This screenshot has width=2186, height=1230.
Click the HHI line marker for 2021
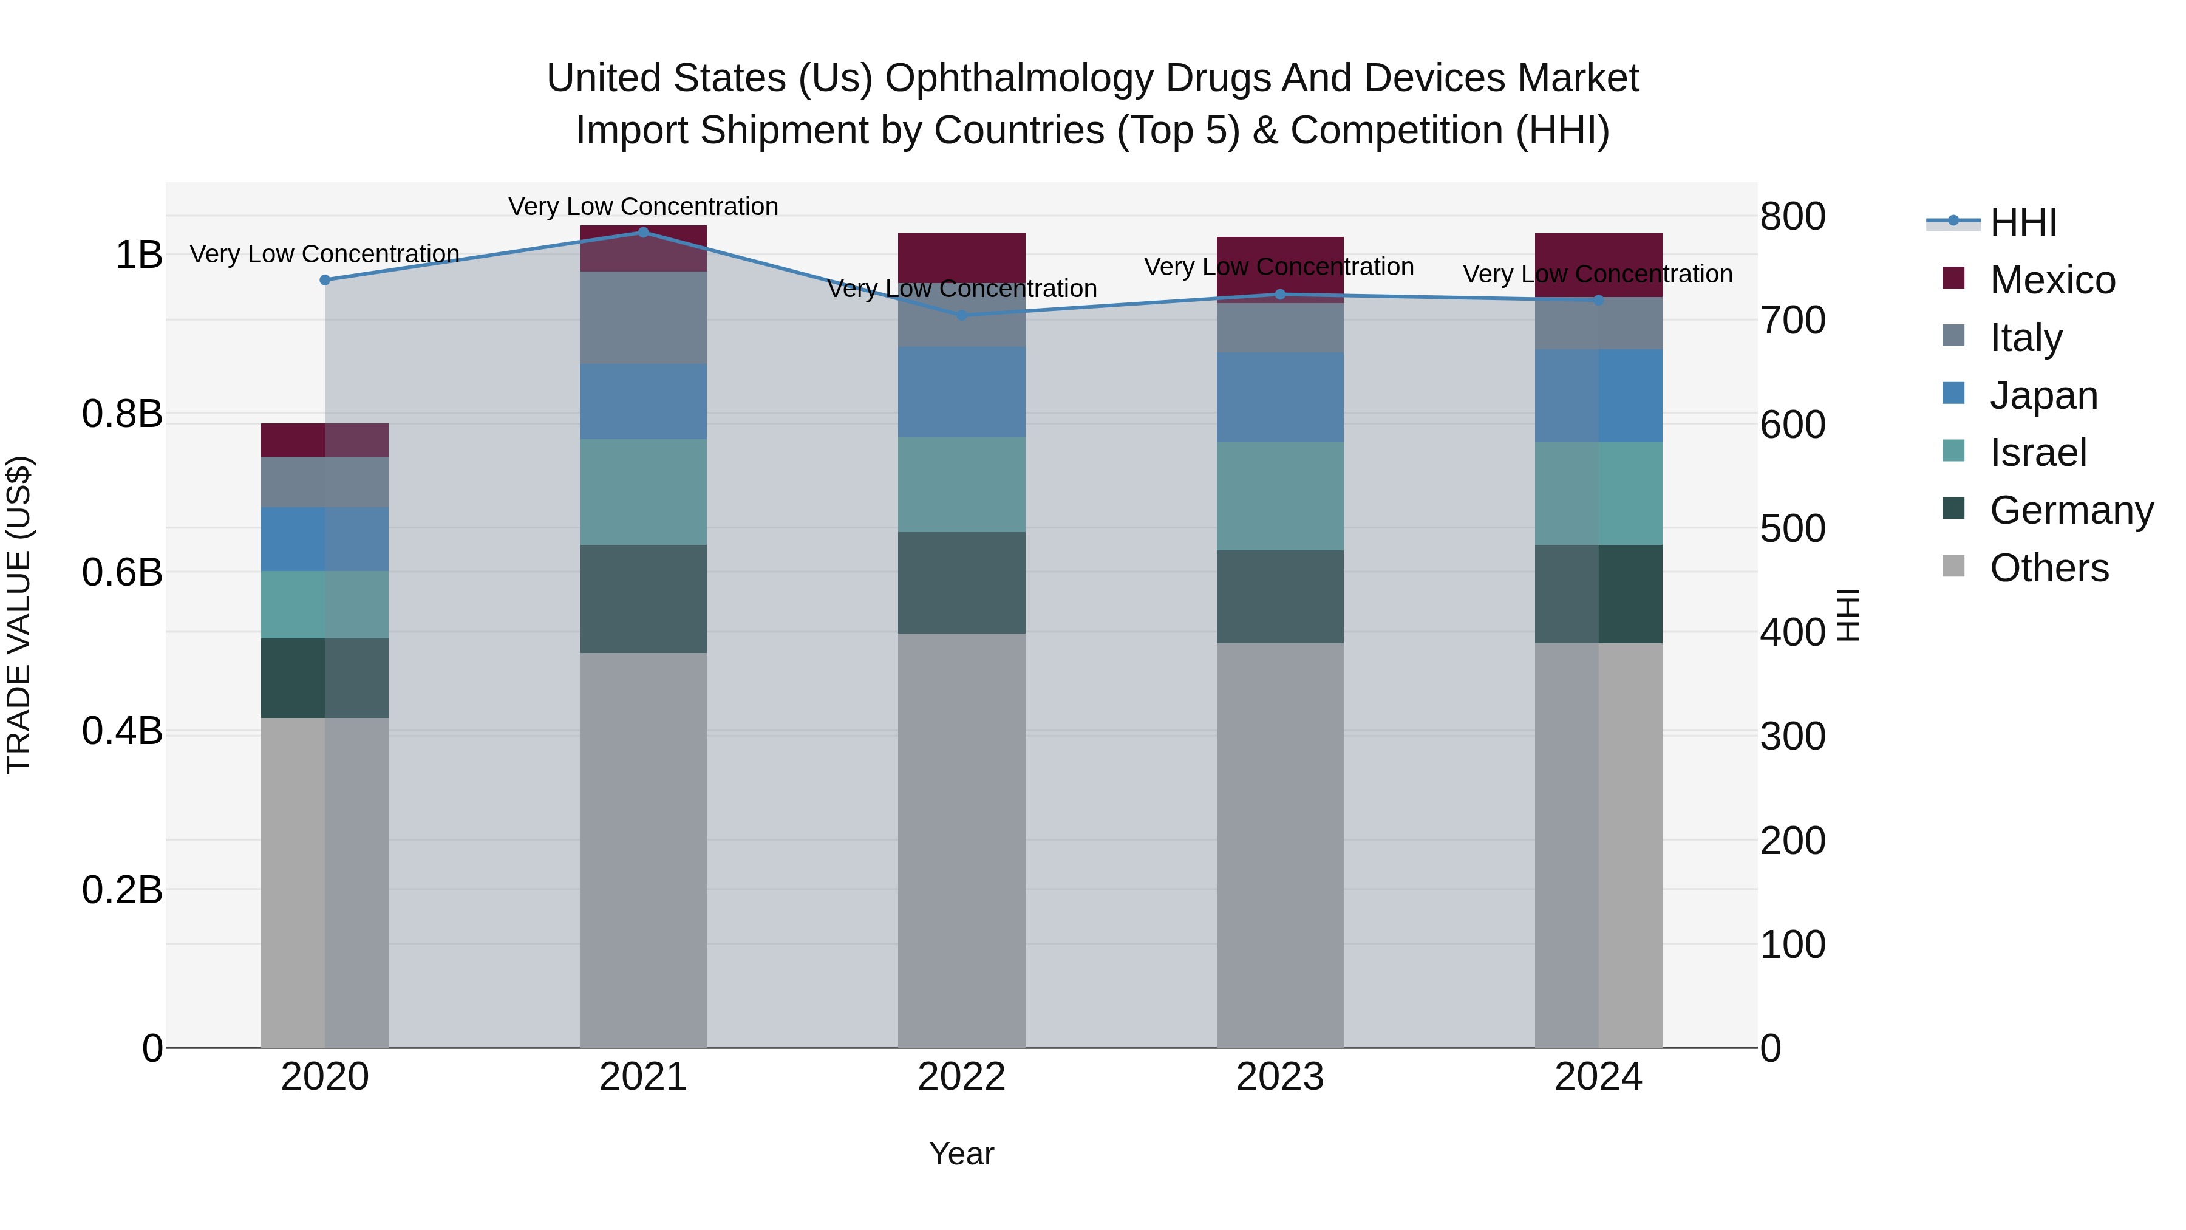pyautogui.click(x=643, y=232)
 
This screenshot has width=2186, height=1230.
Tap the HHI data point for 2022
pyautogui.click(x=961, y=315)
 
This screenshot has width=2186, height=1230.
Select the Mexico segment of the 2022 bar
pyautogui.click(x=961, y=257)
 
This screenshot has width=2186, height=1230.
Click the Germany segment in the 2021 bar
pyautogui.click(x=643, y=598)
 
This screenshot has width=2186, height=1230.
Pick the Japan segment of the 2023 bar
pyautogui.click(x=1279, y=397)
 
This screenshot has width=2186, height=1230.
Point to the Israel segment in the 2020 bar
pyautogui.click(x=324, y=604)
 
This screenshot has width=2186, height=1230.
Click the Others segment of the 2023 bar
pyautogui.click(x=1279, y=845)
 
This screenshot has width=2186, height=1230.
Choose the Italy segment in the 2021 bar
pyautogui.click(x=643, y=318)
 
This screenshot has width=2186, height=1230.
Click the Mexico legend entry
pyautogui.click(x=2051, y=280)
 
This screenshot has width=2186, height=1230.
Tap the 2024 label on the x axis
pyautogui.click(x=1598, y=1077)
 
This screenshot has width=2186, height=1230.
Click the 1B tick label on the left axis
pyautogui.click(x=138, y=255)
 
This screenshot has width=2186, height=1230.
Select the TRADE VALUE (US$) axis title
pyautogui.click(x=19, y=615)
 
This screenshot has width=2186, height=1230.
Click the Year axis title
pyautogui.click(x=961, y=1153)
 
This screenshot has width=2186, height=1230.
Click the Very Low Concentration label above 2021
pyautogui.click(x=643, y=207)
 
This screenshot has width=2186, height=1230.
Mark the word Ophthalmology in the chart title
pyautogui.click(x=1018, y=78)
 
